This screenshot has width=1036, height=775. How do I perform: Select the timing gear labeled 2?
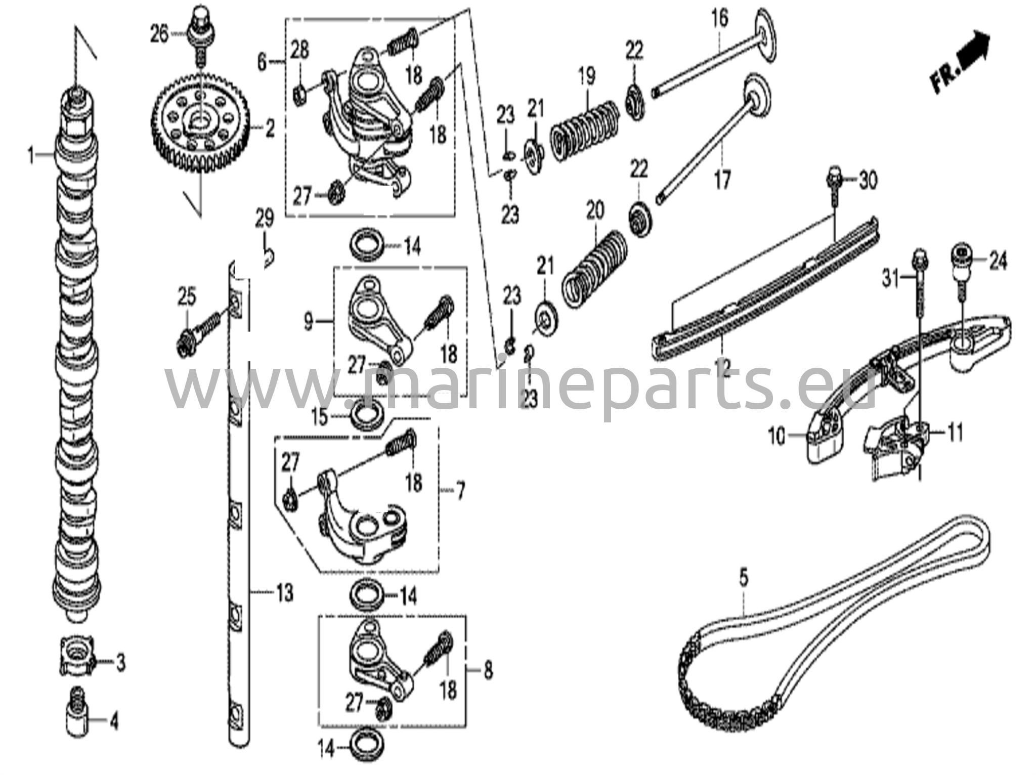200,122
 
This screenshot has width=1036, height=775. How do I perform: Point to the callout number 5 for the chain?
743,578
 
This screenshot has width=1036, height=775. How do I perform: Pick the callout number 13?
285,592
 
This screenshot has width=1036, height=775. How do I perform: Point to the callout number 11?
956,434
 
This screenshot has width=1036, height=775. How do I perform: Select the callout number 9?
308,322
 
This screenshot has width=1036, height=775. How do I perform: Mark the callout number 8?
488,671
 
